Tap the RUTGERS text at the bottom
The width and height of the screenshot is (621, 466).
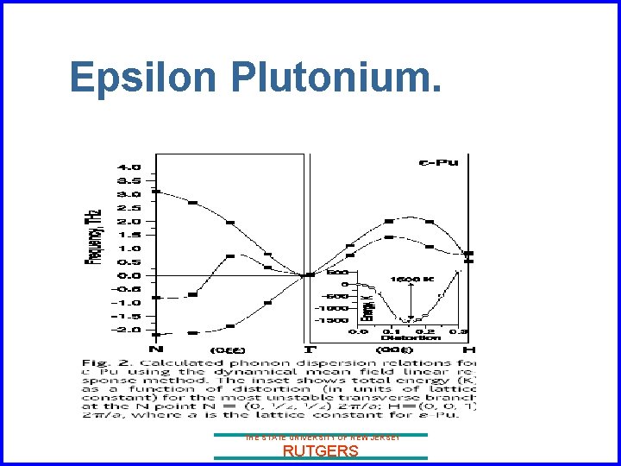[320, 450]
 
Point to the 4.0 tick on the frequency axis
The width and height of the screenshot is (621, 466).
[130, 167]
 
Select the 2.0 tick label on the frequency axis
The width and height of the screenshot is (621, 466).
[130, 221]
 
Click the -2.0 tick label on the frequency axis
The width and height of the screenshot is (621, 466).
[129, 330]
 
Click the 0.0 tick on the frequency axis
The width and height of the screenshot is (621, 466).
[130, 275]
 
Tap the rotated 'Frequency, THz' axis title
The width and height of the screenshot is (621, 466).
[92, 236]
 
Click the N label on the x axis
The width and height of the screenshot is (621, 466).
[155, 349]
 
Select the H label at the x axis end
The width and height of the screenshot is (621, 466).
[468, 349]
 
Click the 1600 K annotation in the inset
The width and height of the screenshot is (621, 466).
[406, 280]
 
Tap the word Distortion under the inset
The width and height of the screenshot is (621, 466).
[400, 337]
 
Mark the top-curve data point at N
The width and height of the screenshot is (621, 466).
[156, 191]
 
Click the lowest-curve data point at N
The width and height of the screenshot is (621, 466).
[156, 333]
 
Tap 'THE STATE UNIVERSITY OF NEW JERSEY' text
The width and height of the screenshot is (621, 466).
[320, 438]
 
